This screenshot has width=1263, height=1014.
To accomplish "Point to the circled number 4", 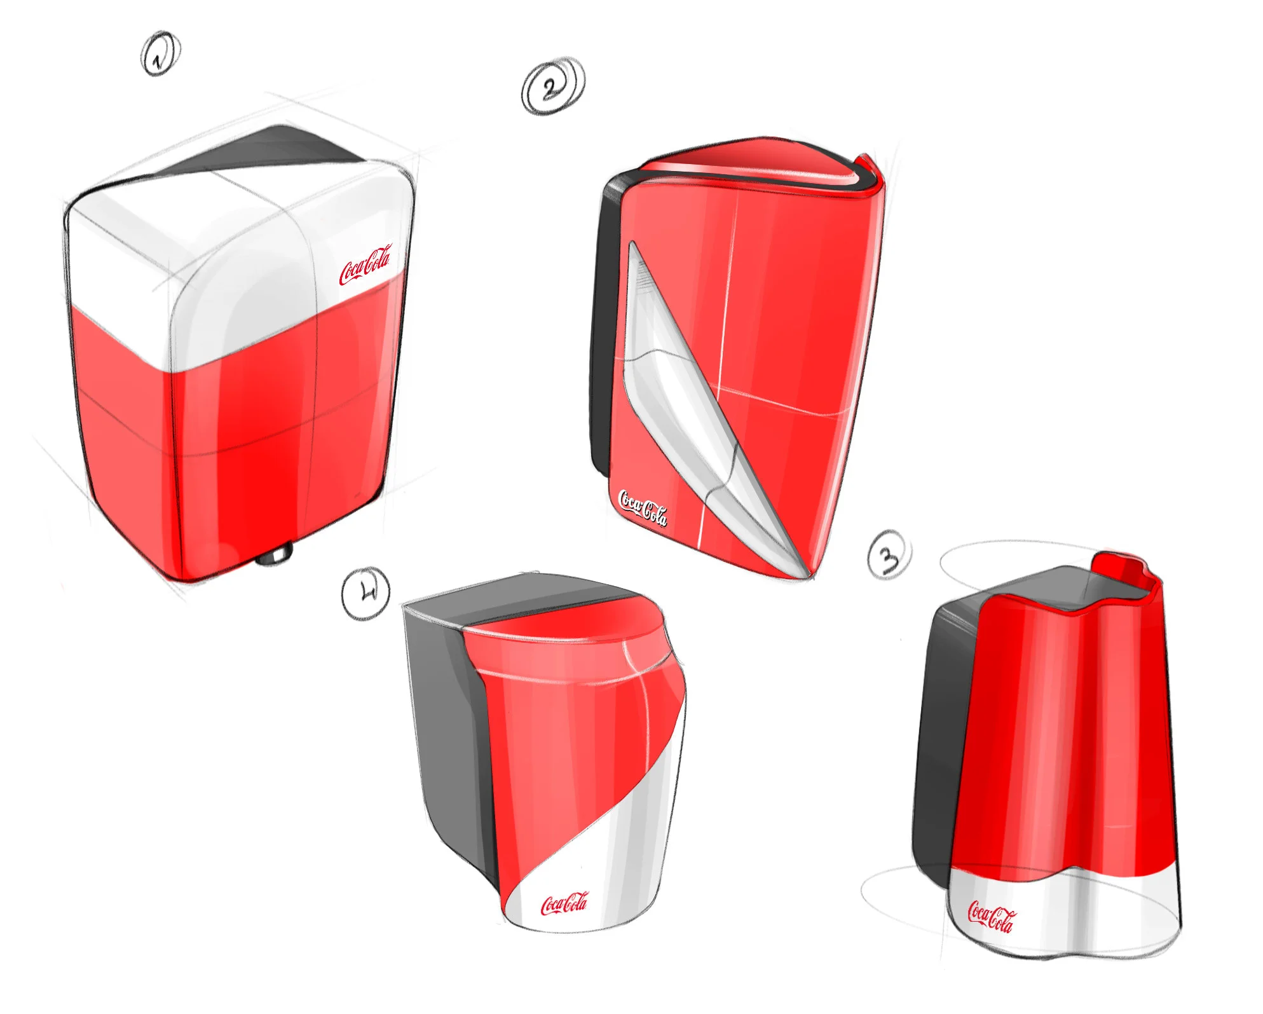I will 365,593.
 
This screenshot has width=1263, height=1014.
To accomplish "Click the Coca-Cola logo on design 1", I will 365,264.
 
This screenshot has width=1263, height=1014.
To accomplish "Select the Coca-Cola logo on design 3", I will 990,917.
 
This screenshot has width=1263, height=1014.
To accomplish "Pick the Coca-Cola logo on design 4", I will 564,903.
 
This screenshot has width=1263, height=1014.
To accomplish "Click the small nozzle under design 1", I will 274,555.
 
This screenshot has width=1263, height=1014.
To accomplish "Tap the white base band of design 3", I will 1068,915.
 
